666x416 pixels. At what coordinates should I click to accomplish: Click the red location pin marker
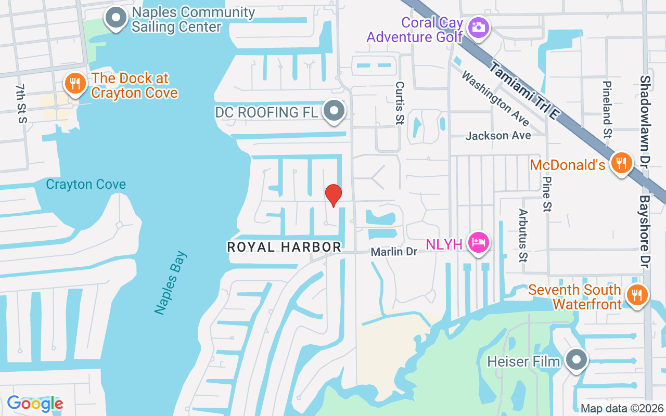334,195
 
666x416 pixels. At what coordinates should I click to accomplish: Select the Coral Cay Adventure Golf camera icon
478,27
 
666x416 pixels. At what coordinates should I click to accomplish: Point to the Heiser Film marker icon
575,359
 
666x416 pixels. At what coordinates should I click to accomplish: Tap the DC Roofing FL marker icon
334,110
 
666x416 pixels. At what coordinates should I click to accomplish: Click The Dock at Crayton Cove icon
75,83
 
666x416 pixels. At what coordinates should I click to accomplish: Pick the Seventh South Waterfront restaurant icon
636,294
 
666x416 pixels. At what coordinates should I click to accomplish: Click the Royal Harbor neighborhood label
284,247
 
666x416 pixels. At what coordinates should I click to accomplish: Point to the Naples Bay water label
171,283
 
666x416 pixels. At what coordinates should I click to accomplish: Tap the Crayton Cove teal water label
86,184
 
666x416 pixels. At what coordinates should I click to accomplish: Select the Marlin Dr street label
394,252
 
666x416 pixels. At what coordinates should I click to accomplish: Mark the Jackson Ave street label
498,136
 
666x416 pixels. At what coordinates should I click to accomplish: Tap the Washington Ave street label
495,99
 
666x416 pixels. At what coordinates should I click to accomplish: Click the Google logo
35,403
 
